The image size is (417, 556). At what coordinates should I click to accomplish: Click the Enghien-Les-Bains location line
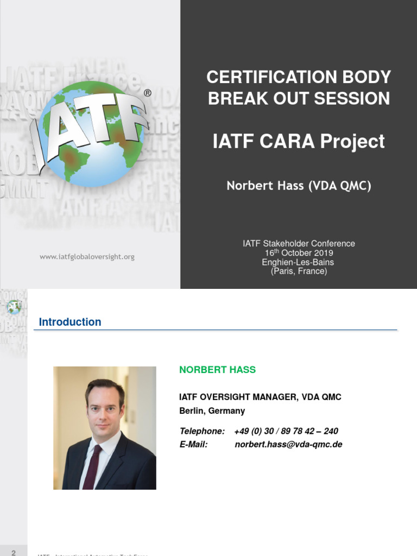[x=299, y=262]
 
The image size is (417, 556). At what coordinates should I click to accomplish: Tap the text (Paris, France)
[x=299, y=271]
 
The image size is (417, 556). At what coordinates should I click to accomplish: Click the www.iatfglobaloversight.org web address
[x=87, y=257]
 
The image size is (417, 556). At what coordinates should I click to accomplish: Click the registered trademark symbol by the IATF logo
[x=147, y=93]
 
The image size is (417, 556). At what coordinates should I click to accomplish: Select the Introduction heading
[x=70, y=322]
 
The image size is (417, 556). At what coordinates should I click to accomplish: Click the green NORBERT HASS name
[x=217, y=370]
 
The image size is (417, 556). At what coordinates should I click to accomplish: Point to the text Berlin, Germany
[x=212, y=411]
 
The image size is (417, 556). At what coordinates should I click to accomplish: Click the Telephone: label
[x=202, y=431]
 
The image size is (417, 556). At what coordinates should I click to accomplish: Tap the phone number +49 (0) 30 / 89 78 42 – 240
[x=286, y=431]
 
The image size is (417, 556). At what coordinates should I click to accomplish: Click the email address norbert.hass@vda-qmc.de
[x=288, y=445]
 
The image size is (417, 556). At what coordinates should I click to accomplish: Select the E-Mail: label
[x=193, y=445]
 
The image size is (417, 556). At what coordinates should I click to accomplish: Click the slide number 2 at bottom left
[x=14, y=552]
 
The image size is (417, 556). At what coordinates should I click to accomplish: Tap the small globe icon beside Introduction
[x=14, y=307]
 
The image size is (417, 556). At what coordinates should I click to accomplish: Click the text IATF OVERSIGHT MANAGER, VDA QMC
[x=260, y=397]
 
